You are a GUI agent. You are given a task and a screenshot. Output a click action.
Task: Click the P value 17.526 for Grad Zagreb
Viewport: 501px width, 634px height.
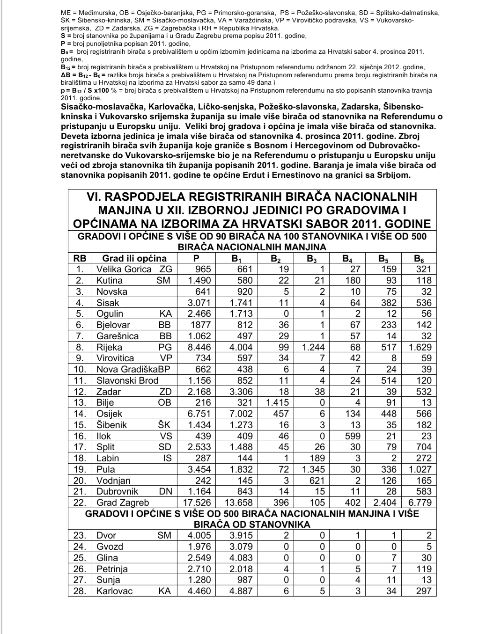click(x=196, y=503)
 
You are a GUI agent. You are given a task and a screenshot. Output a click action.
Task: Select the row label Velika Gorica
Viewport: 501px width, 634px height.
click(x=124, y=269)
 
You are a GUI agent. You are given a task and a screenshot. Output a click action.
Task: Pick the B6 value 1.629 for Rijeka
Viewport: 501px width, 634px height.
click(x=420, y=347)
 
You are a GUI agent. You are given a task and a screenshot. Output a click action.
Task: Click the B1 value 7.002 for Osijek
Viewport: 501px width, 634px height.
click(x=241, y=414)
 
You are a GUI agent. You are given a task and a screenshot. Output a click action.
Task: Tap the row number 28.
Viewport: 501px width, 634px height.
click(x=80, y=591)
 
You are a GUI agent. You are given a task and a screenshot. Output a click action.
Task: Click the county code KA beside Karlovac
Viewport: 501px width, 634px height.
click(x=165, y=591)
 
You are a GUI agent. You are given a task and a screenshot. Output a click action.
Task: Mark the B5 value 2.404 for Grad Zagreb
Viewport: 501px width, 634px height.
click(x=384, y=503)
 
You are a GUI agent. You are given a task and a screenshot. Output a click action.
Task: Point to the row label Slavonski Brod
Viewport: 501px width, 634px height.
click(x=127, y=380)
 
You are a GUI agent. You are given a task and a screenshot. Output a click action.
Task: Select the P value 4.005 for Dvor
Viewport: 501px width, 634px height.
click(x=199, y=535)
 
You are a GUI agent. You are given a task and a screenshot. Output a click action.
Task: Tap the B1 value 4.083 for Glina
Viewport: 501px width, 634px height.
click(x=241, y=558)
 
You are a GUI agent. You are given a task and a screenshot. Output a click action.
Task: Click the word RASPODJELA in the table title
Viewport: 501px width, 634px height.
click(x=171, y=197)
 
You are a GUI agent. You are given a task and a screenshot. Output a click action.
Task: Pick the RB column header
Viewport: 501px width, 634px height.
click(x=80, y=258)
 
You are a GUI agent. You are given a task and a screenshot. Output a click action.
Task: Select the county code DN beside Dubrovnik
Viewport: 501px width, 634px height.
click(x=165, y=491)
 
